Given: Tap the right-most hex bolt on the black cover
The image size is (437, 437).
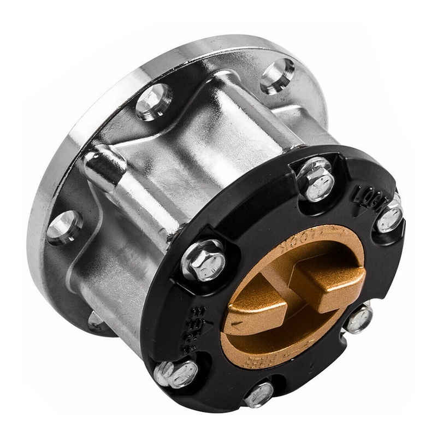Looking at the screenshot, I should pos(389,217).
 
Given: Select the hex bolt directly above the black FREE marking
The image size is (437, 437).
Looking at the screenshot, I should pos(203,261).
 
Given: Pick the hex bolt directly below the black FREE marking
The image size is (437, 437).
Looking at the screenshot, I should pos(176,374).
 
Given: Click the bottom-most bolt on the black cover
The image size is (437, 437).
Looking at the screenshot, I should pos(258,394).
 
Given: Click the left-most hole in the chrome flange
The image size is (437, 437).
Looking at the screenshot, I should pos(64,226).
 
